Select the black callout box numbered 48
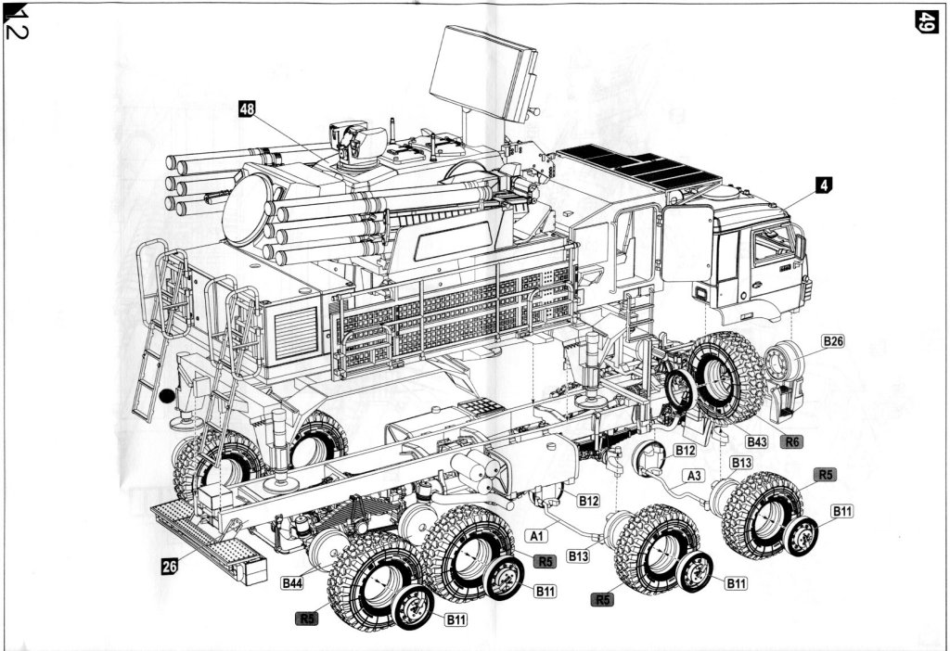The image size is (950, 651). pyautogui.click(x=247, y=108)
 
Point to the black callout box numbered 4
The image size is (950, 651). pyautogui.click(x=823, y=185)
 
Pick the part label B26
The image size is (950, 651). pyautogui.click(x=833, y=341)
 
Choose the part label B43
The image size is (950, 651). pyautogui.click(x=757, y=441)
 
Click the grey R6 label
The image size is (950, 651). pyautogui.click(x=792, y=441)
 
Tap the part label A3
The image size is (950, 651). pyautogui.click(x=693, y=475)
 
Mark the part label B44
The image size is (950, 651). pyautogui.click(x=293, y=583)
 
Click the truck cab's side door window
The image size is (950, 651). pyautogui.click(x=773, y=246)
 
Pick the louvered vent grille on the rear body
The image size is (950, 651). pyautogui.click(x=295, y=332)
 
